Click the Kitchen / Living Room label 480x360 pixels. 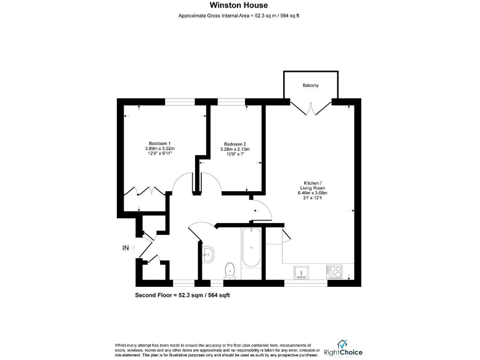point(313,184)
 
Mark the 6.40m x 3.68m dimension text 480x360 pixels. point(313,193)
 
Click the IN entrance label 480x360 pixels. point(126,248)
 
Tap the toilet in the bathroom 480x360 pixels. point(229,269)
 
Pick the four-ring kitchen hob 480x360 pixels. point(334,272)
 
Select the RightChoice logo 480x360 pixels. point(343,347)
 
